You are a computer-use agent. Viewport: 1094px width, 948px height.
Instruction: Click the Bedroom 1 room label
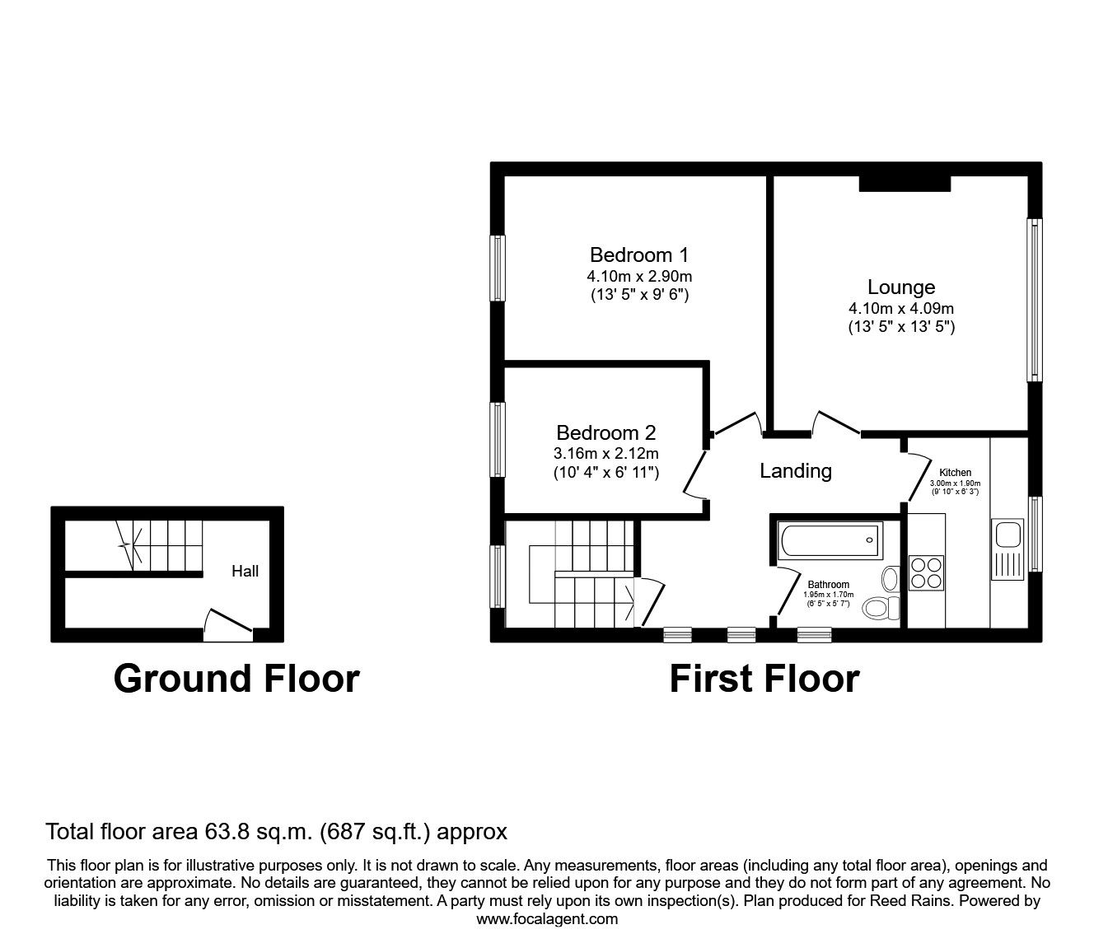pyautogui.click(x=638, y=255)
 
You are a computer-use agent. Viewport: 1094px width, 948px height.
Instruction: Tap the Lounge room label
pyautogui.click(x=901, y=287)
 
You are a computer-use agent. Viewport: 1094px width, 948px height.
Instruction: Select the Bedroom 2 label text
pyautogui.click(x=605, y=432)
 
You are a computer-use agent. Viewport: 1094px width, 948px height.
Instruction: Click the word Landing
pyautogui.click(x=795, y=471)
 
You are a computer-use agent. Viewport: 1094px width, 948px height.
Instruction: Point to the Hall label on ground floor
pyautogui.click(x=245, y=571)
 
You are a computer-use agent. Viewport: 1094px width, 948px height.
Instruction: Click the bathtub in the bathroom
pyautogui.click(x=828, y=541)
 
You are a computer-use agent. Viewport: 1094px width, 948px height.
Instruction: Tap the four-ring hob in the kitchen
pyautogui.click(x=926, y=572)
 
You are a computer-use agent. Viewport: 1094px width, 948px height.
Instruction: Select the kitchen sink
pyautogui.click(x=1008, y=535)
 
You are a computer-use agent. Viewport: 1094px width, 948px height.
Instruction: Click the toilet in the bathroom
pyautogui.click(x=881, y=608)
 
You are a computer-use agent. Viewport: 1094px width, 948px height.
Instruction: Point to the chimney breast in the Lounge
pyautogui.click(x=905, y=183)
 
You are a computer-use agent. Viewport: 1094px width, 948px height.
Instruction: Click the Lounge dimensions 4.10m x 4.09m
pyautogui.click(x=901, y=309)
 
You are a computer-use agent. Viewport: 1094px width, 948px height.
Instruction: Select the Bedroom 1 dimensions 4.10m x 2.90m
pyautogui.click(x=638, y=277)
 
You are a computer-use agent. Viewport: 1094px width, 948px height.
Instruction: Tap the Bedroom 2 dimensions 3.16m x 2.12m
pyautogui.click(x=605, y=454)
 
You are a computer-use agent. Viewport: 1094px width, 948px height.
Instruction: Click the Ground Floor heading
pyautogui.click(x=236, y=679)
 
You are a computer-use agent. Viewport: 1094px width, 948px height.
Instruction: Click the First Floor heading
pyautogui.click(x=764, y=679)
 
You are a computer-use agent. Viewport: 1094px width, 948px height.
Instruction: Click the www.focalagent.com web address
pyautogui.click(x=547, y=919)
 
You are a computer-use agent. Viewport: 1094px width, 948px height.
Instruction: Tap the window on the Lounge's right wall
pyautogui.click(x=1034, y=300)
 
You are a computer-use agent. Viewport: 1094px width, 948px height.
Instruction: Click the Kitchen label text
pyautogui.click(x=955, y=473)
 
